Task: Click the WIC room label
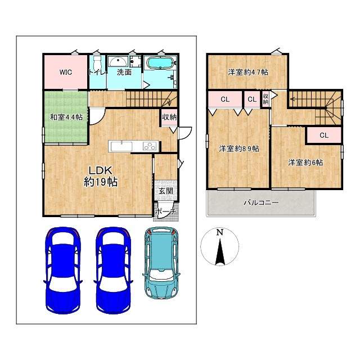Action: (x=66, y=73)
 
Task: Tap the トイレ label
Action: (x=98, y=73)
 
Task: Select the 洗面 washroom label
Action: (x=124, y=73)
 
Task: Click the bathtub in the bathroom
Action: (x=160, y=62)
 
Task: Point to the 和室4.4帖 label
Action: (x=66, y=118)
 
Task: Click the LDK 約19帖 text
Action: (x=101, y=176)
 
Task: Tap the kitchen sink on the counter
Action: (x=121, y=146)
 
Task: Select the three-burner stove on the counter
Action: (x=150, y=146)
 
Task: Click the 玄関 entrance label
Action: (x=166, y=191)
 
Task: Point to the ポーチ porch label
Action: (x=166, y=211)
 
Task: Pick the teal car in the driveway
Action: (x=161, y=263)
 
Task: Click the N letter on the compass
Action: (x=220, y=232)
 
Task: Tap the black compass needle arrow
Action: (x=220, y=252)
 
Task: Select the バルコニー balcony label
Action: (x=261, y=202)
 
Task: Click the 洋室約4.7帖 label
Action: (x=248, y=73)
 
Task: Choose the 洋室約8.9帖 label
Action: (x=239, y=148)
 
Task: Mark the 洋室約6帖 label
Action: (x=305, y=163)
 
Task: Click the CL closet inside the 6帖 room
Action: (x=324, y=136)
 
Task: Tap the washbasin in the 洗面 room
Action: (x=118, y=61)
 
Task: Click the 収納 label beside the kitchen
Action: (x=169, y=118)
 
